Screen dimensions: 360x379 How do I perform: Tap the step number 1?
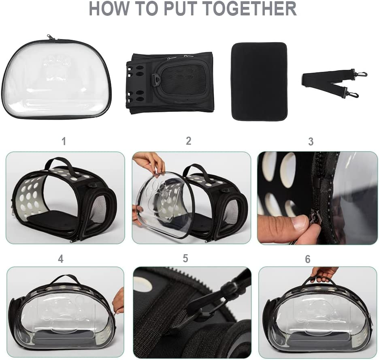pyautogui.click(x=64, y=141)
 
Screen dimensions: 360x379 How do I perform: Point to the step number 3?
pyautogui.click(x=311, y=141)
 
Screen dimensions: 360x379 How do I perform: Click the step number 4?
pyautogui.click(x=61, y=259)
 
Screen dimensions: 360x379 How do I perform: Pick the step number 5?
pyautogui.click(x=185, y=258)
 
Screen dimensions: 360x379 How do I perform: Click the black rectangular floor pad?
pyautogui.click(x=259, y=81)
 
